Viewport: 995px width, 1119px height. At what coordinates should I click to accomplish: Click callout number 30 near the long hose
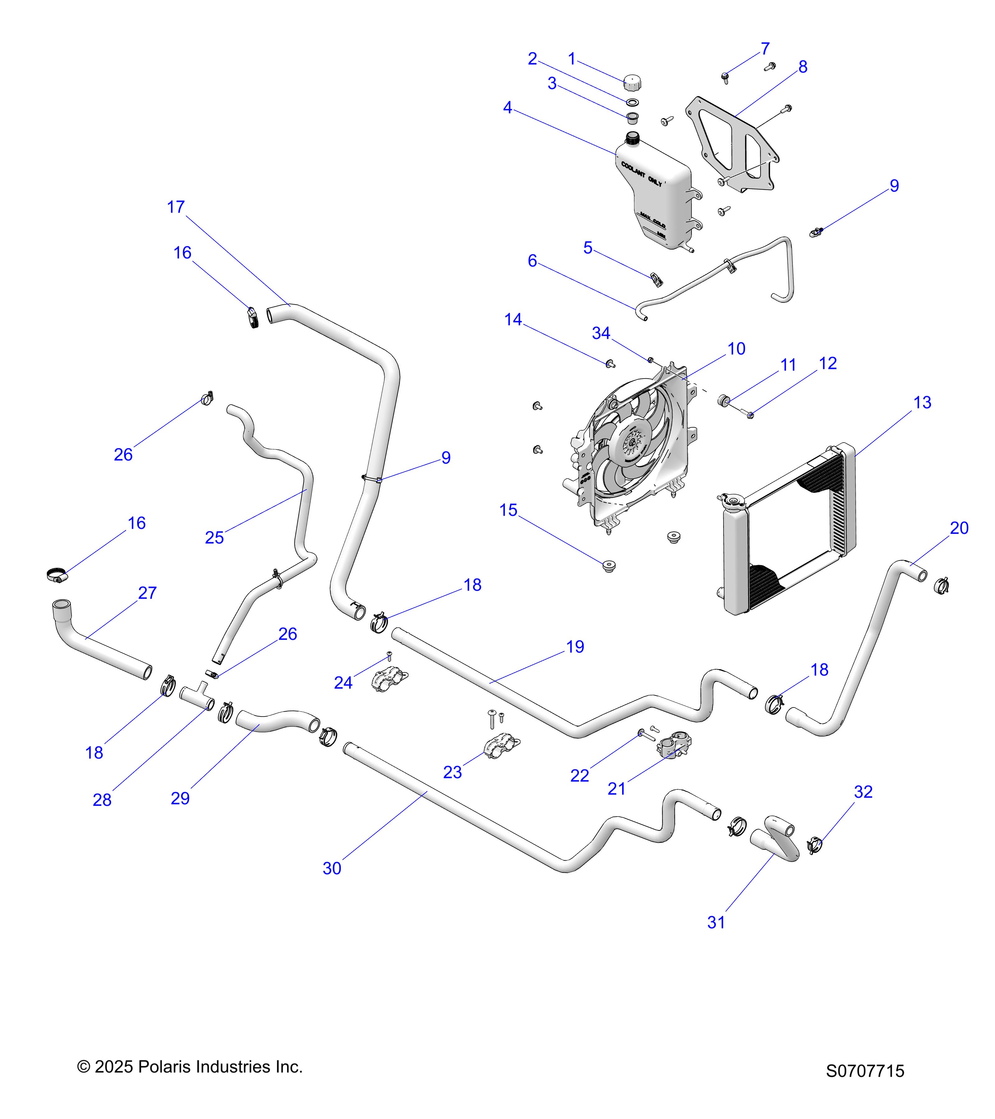pos(332,868)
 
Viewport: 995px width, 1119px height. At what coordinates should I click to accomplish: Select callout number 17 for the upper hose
pos(176,207)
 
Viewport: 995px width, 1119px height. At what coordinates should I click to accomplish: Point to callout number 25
pos(214,538)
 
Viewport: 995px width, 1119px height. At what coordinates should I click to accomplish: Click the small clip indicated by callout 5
pos(657,279)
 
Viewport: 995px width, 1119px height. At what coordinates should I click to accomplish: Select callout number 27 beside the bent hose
pos(147,593)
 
